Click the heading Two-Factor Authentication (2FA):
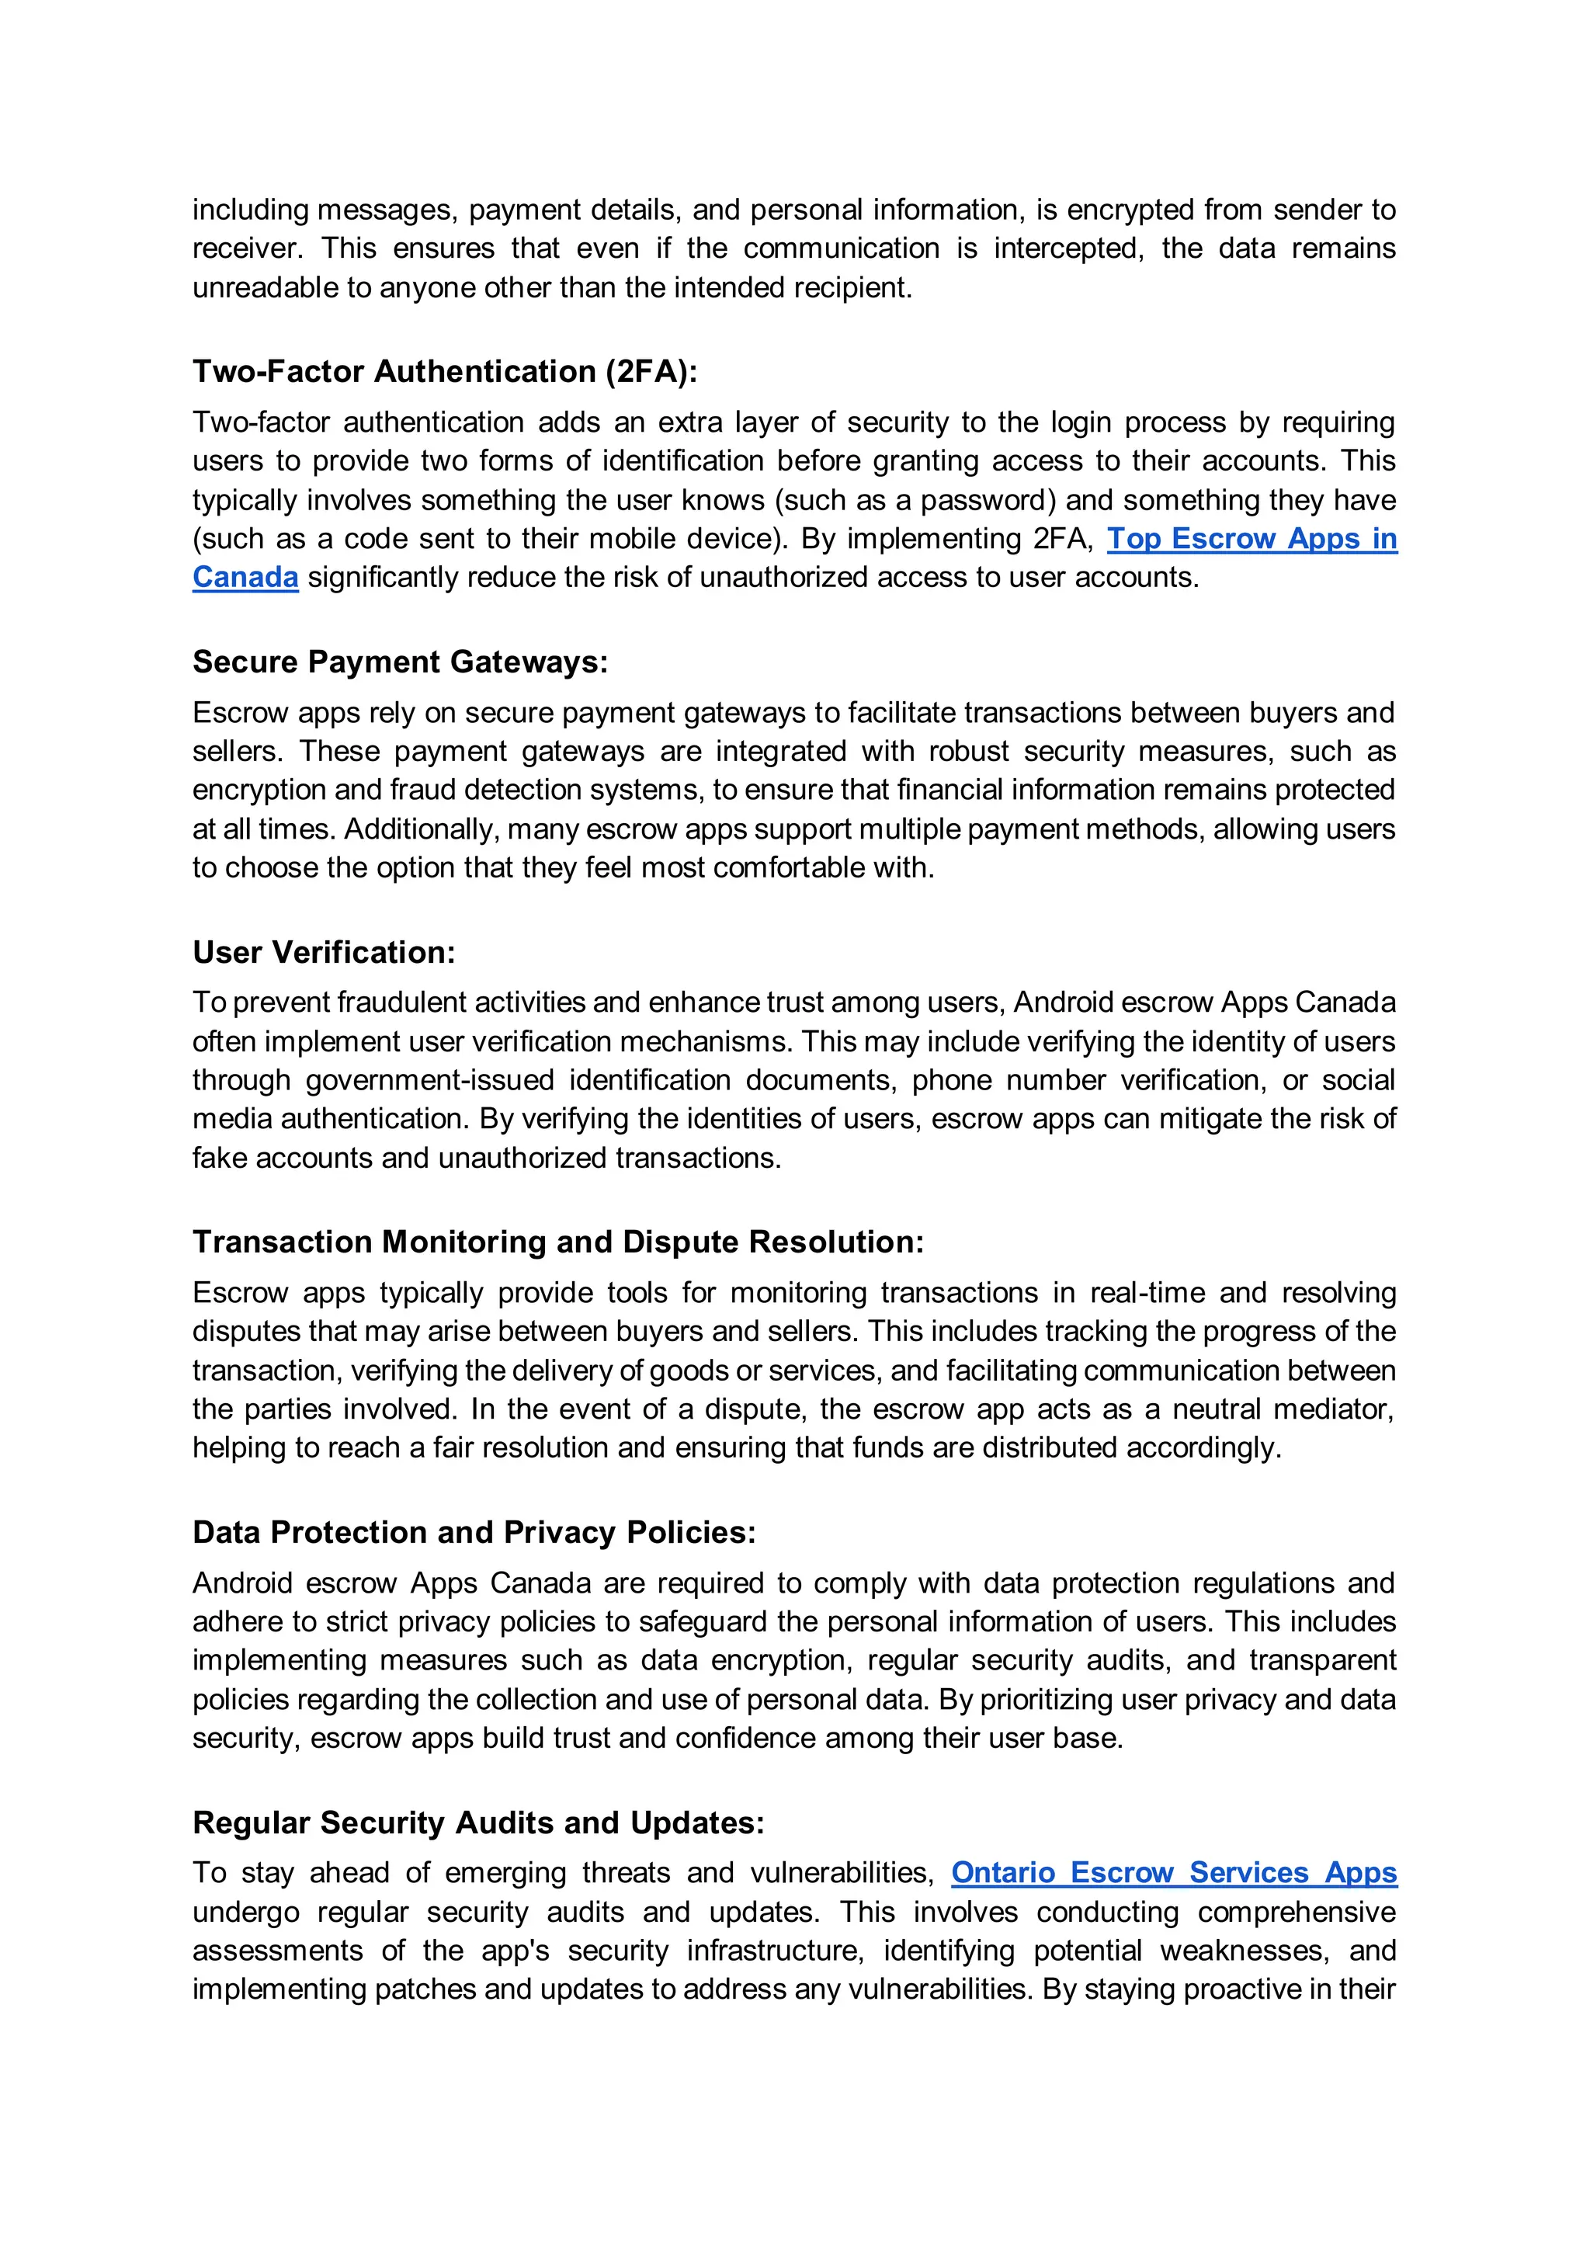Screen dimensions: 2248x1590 [x=445, y=371]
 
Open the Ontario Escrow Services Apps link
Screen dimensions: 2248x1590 [x=1173, y=1872]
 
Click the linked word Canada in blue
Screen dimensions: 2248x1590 [x=245, y=577]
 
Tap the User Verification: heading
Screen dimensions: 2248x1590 [x=324, y=952]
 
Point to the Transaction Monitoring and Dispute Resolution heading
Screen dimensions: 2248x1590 [x=558, y=1242]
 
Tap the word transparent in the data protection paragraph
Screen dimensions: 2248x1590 [x=1321, y=1659]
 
